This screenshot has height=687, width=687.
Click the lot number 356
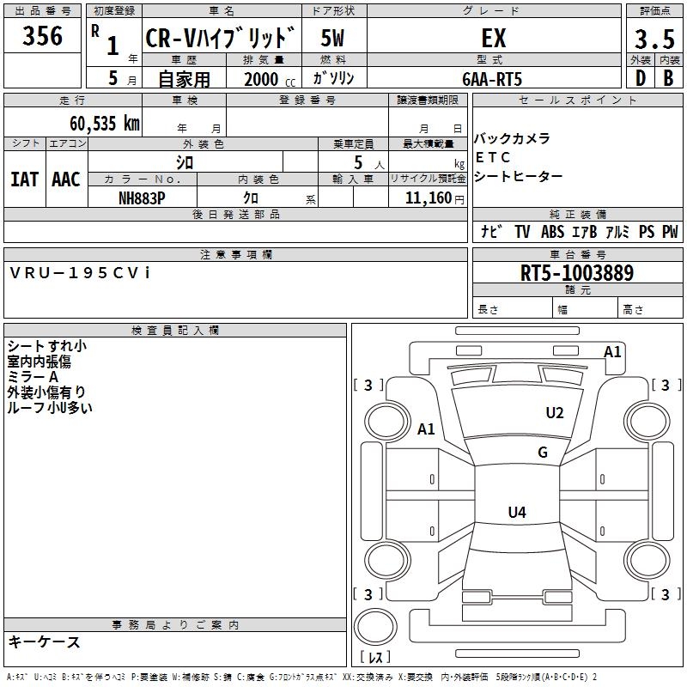click(43, 36)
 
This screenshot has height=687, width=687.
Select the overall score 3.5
click(654, 40)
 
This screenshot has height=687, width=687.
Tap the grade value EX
click(493, 39)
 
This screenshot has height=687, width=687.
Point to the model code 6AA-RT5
click(492, 78)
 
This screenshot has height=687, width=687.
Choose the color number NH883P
click(142, 198)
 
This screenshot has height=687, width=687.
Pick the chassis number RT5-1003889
click(577, 273)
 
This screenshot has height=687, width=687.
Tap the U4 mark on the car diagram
click(516, 513)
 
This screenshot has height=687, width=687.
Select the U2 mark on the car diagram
click(555, 413)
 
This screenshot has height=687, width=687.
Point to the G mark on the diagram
click(543, 453)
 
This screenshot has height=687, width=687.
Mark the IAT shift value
click(24, 179)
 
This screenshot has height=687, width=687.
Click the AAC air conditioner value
click(65, 179)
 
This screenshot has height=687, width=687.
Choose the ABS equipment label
click(552, 232)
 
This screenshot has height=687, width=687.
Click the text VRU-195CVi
click(80, 272)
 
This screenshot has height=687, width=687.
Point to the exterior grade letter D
click(640, 78)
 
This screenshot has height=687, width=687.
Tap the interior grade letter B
click(668, 78)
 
